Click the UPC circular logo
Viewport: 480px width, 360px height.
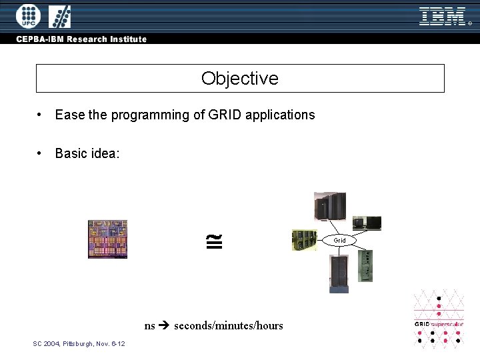click(x=28, y=15)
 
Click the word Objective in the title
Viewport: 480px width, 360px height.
click(x=240, y=79)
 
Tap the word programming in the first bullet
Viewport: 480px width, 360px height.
click(x=150, y=115)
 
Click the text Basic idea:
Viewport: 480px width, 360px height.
click(x=87, y=153)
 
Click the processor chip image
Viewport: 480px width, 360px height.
click(x=107, y=239)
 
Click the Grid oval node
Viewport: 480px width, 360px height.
click(x=340, y=240)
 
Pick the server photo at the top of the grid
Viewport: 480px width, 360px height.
click(x=331, y=205)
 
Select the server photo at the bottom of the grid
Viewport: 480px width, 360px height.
click(x=339, y=273)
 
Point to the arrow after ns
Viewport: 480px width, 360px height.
click(x=165, y=326)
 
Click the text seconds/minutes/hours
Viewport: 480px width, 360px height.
click(x=229, y=326)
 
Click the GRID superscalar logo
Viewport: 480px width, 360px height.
click(x=438, y=319)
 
